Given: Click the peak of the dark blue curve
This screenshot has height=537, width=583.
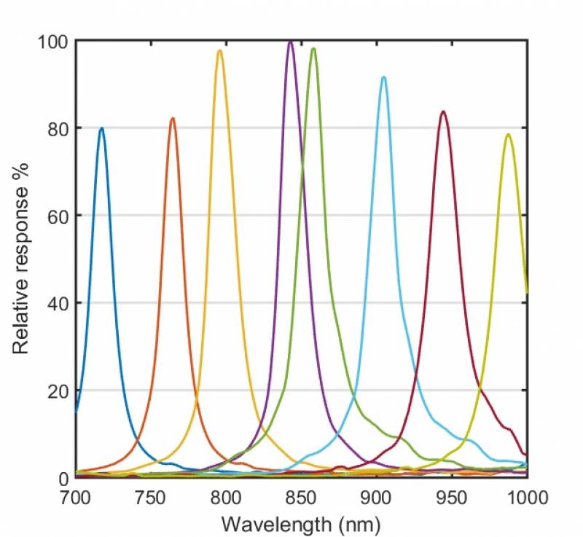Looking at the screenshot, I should pos(101,129).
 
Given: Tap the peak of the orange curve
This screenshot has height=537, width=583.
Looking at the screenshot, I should pos(173,119).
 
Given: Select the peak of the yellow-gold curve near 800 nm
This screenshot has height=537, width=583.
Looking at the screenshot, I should pos(219,51).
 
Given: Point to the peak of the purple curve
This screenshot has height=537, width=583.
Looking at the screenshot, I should pos(291,42).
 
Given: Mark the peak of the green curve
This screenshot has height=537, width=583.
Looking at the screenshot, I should pos(313,49).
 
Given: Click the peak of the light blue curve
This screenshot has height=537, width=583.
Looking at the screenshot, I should pos(383,77).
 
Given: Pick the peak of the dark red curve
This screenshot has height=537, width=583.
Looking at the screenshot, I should pos(442,111).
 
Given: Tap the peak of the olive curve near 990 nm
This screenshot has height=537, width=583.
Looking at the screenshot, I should pos(508,135).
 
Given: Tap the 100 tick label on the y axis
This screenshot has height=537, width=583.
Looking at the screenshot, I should pos(53,41).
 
